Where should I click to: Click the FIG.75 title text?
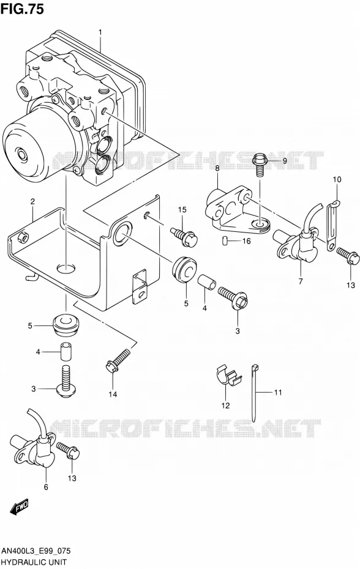[x=22, y=9]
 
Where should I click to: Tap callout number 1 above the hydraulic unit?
[x=100, y=32]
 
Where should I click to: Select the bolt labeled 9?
[x=260, y=163]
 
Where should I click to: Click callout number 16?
[x=247, y=241]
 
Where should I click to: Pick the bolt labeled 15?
[x=184, y=237]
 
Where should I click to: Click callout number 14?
[x=113, y=394]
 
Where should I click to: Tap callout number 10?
[x=337, y=179]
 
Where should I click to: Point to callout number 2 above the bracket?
[x=32, y=202]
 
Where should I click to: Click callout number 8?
[x=217, y=168]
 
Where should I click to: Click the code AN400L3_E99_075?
[x=36, y=552]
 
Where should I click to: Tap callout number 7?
[x=301, y=281]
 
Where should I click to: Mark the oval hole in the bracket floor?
[x=66, y=268]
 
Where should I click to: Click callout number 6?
[x=46, y=487]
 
